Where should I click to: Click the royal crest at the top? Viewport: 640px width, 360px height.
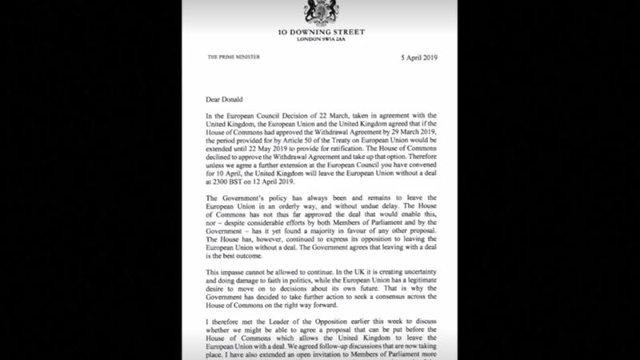tap(318, 11)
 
